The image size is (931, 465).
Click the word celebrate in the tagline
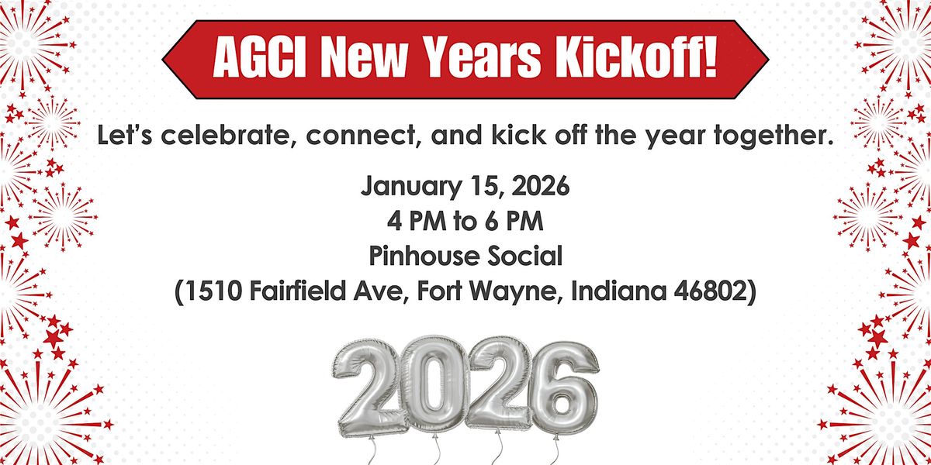pyautogui.click(x=225, y=136)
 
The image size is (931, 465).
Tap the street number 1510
pyautogui.click(x=212, y=291)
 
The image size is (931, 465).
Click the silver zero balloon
pyautogui.click(x=434, y=385)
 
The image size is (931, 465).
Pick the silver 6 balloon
pyautogui.click(x=566, y=388)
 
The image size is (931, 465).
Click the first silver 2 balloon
pyautogui.click(x=367, y=388)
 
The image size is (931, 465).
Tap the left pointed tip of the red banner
pyautogui.click(x=163, y=60)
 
